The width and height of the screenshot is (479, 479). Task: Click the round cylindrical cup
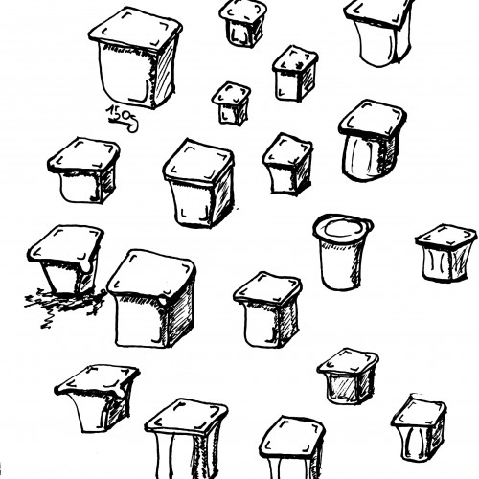[x=342, y=252]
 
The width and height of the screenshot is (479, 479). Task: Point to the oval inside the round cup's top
[x=342, y=228]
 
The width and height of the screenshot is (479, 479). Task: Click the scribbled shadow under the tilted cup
[x=64, y=305]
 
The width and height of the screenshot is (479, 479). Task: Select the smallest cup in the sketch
[x=231, y=103]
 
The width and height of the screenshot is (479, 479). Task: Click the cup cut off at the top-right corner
[x=379, y=32]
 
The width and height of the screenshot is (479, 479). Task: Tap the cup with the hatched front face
[x=348, y=376]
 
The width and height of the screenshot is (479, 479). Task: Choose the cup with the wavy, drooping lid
[x=97, y=398]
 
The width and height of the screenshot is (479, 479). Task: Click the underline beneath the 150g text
[x=118, y=122]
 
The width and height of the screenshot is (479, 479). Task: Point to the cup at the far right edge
[x=447, y=253]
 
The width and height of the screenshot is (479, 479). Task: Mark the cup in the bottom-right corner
[x=419, y=428]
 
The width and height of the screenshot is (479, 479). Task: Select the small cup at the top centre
[x=242, y=23]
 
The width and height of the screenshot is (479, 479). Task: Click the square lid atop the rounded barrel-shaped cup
[x=373, y=119]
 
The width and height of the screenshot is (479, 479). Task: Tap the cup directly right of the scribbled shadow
[x=152, y=299]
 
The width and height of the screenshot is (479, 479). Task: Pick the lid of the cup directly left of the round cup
[x=267, y=289]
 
